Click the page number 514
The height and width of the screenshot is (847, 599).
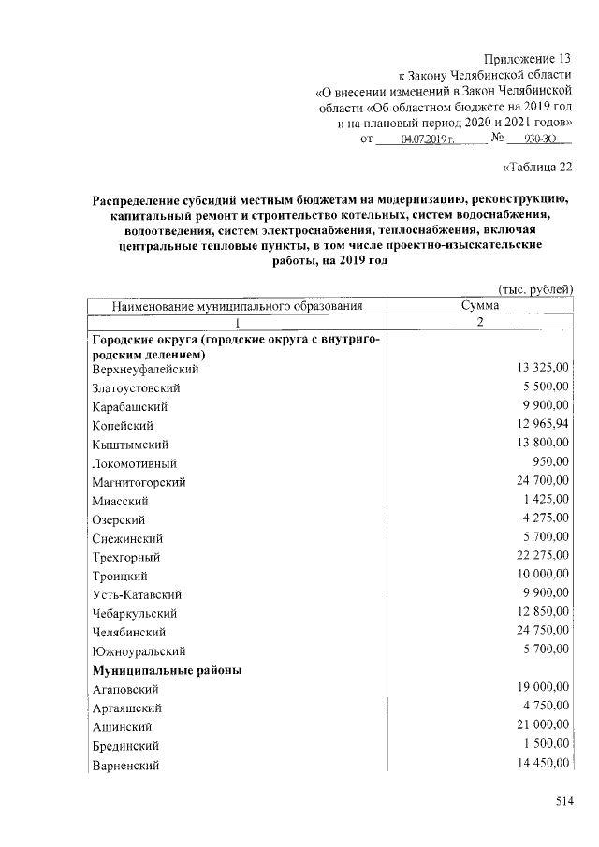(562, 801)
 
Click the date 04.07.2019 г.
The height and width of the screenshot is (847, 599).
(427, 139)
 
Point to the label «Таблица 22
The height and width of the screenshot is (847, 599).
(536, 168)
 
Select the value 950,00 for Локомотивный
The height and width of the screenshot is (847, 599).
(550, 461)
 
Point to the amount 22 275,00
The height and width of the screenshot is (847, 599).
(542, 555)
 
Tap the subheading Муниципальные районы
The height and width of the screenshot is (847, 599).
(168, 670)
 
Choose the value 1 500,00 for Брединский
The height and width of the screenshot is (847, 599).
(546, 744)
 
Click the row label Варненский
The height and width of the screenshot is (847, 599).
(125, 766)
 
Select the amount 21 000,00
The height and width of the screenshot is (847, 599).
(542, 725)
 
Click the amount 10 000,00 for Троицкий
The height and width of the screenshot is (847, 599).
(542, 574)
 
